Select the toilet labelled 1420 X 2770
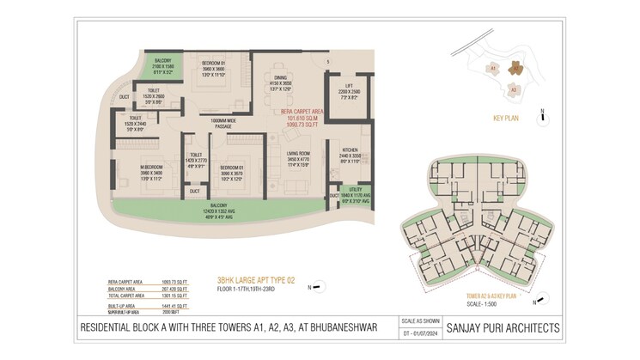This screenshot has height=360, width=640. tap(195, 161)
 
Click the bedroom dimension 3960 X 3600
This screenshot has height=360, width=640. tap(213, 69)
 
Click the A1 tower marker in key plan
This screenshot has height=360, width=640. tap(495, 66)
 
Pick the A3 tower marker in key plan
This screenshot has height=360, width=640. tap(514, 88)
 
